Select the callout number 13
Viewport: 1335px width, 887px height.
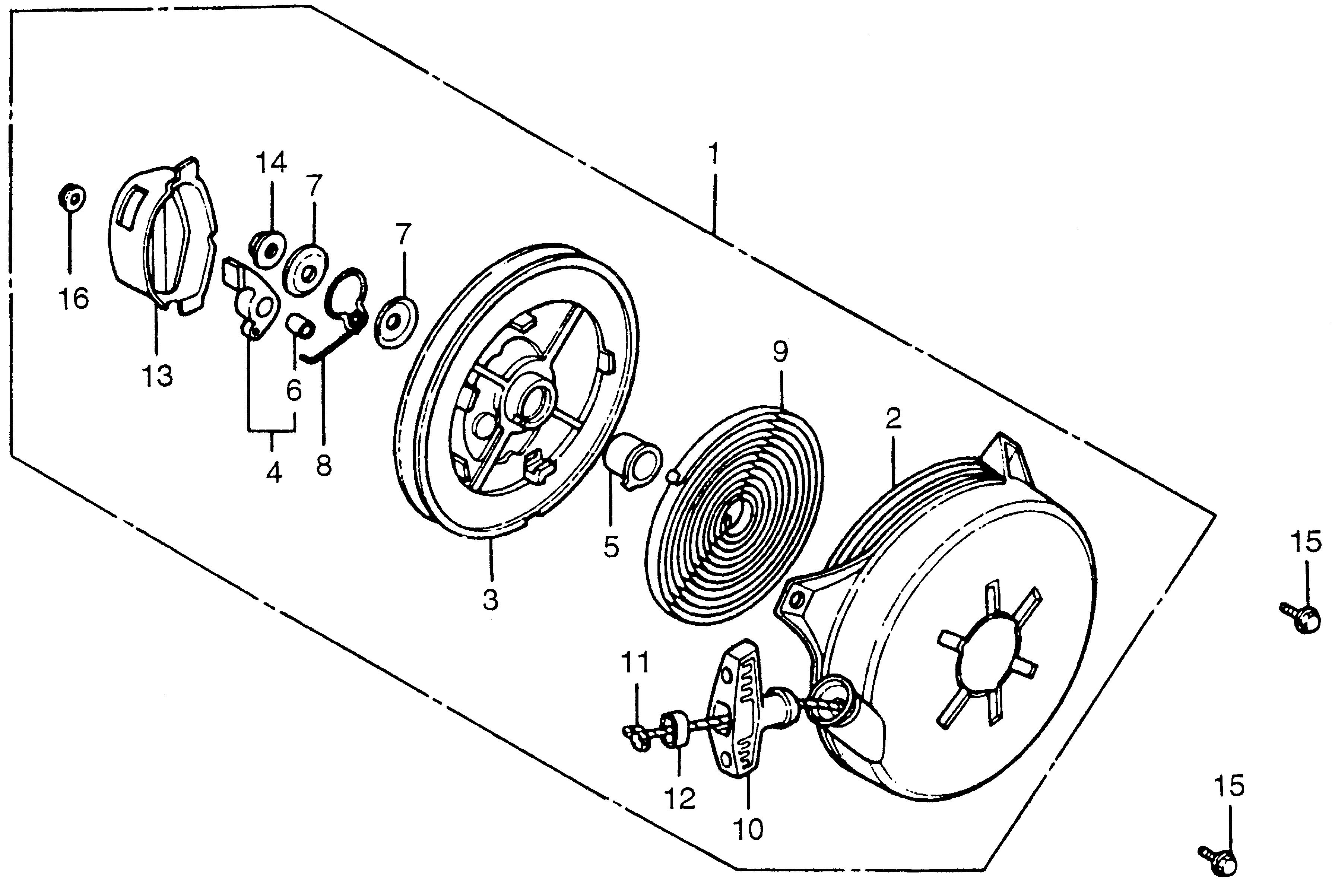(157, 376)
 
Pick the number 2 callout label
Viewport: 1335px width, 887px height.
(893, 419)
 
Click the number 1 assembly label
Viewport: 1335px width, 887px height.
(714, 154)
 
